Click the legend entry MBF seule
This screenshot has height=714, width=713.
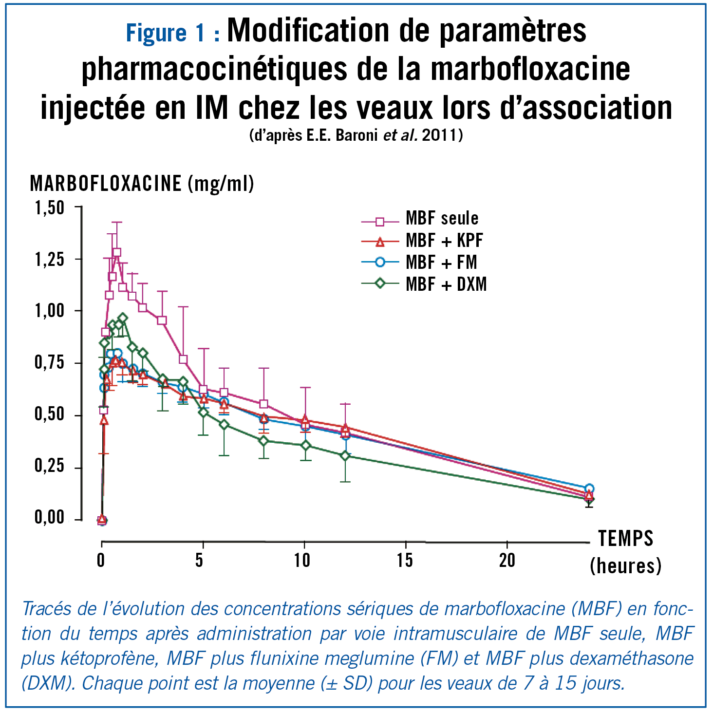pos(441,218)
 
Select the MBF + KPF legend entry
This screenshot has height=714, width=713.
pos(444,241)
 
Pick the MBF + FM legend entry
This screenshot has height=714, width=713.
pos(441,263)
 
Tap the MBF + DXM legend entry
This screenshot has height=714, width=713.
pos(446,284)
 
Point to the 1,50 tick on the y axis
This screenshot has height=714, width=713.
pos(49,208)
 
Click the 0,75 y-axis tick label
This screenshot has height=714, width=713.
pos(49,363)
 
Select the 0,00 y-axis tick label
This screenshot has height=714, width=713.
pos(49,518)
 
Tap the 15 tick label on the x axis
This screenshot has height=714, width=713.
pos(405,561)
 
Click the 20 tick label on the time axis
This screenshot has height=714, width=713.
pos(507,561)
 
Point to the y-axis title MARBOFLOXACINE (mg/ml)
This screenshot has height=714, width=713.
pos(142,184)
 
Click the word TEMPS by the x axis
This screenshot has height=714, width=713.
pos(625,539)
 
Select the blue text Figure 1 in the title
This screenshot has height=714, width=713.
pos(166,33)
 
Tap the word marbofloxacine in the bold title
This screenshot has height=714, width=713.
pos(530,69)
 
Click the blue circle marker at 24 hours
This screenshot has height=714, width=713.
pos(589,489)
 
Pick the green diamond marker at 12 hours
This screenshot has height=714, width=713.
pos(345,456)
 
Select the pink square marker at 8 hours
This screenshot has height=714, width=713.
pos(264,404)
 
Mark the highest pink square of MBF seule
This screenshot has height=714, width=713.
pos(117,252)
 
